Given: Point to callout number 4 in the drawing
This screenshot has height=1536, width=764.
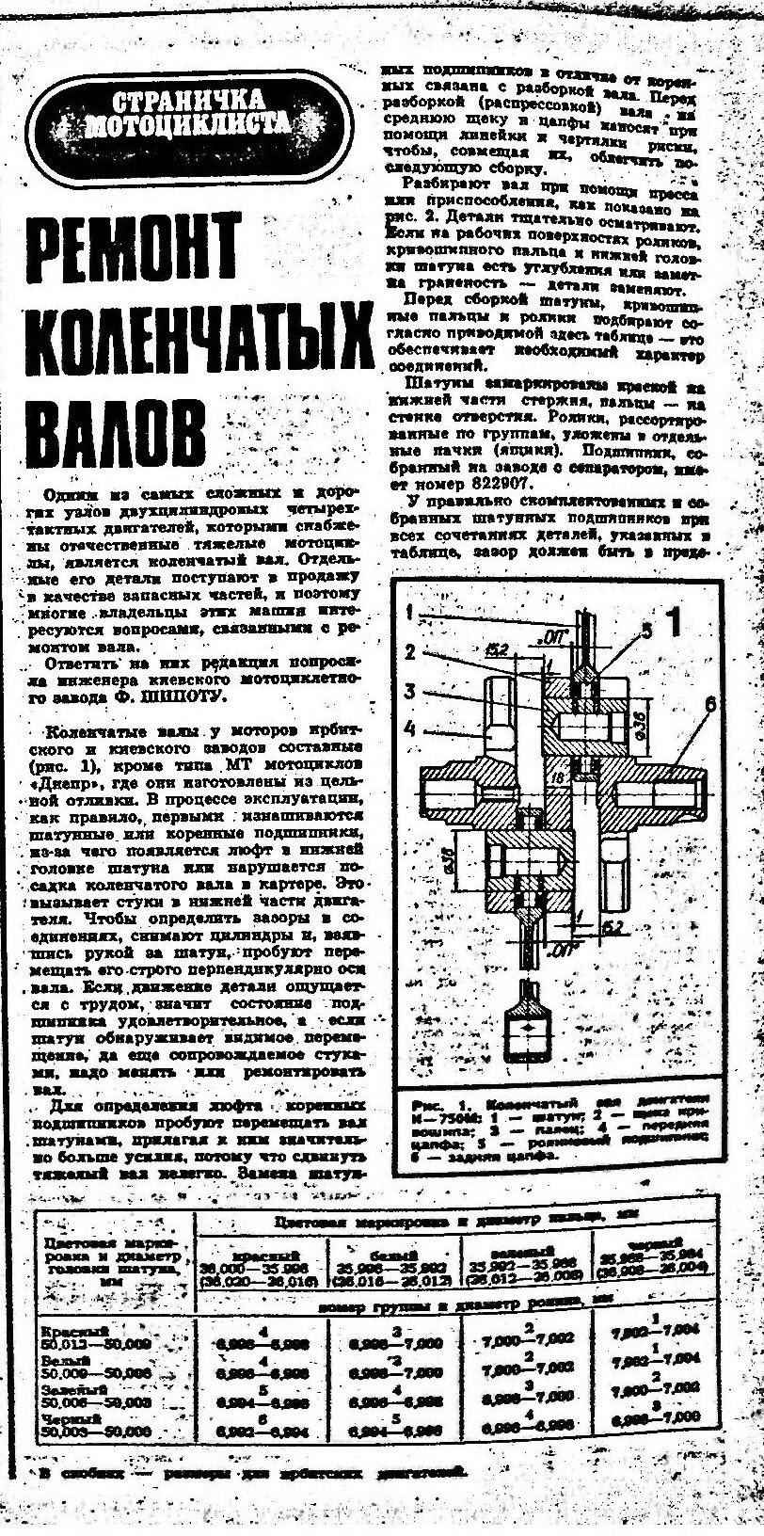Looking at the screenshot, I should (x=410, y=727).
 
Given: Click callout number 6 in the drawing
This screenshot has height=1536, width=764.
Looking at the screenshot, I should (x=709, y=701).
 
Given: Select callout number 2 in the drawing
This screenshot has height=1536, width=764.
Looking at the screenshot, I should (x=410, y=652).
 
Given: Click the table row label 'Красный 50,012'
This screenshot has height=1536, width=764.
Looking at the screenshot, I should (x=95, y=1336).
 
